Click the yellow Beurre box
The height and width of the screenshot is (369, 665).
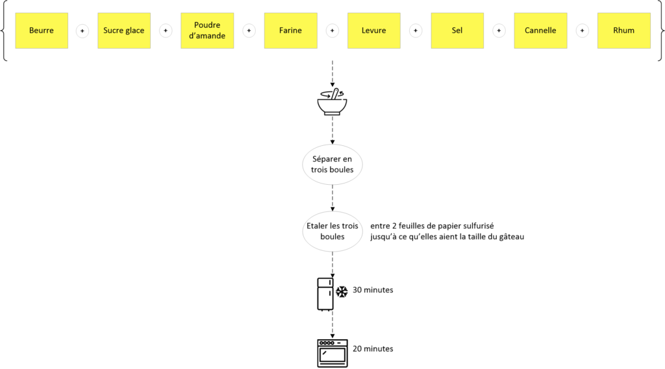[x=42, y=30]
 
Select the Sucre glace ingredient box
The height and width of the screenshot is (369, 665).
[x=124, y=30]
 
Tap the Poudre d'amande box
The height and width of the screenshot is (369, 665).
[x=207, y=30]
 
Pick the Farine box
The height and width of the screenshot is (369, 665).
[x=290, y=30]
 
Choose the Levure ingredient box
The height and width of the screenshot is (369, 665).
[x=373, y=30]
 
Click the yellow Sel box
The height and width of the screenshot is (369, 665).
[x=457, y=30]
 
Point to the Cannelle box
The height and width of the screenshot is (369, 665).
[x=540, y=30]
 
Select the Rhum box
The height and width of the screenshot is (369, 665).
[x=624, y=30]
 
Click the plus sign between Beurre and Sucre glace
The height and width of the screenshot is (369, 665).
[x=82, y=30]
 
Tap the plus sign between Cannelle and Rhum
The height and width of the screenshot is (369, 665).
[x=583, y=30]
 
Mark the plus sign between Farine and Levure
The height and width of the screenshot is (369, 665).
[x=332, y=30]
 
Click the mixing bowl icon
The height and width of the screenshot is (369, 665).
[x=332, y=102]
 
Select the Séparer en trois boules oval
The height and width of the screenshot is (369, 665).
[x=332, y=164]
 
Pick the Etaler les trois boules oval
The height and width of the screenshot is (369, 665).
[x=332, y=232]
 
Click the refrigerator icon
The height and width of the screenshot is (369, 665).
[x=325, y=294]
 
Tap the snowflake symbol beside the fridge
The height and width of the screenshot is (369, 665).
[x=342, y=291]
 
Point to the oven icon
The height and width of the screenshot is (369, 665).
[x=332, y=353]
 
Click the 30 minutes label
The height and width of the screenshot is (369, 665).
[x=373, y=290]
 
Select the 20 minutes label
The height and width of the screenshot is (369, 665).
[x=373, y=349]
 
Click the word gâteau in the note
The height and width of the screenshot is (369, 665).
[x=512, y=237]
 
